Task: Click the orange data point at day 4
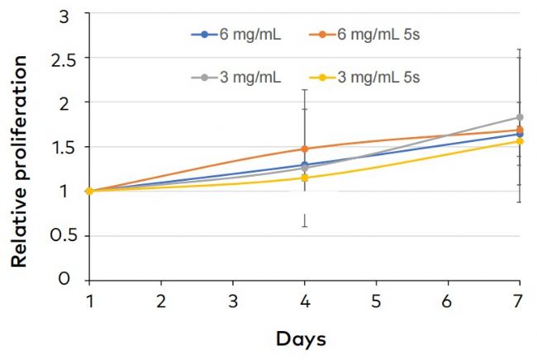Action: (305, 149)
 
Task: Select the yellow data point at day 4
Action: (305, 178)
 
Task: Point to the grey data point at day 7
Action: (520, 117)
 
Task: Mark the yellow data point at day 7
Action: (520, 141)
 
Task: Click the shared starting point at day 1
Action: (89, 191)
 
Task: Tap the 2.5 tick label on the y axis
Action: (58, 59)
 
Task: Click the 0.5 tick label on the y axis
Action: (58, 235)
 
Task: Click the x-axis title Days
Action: (302, 339)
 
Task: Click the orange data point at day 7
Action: (520, 130)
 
